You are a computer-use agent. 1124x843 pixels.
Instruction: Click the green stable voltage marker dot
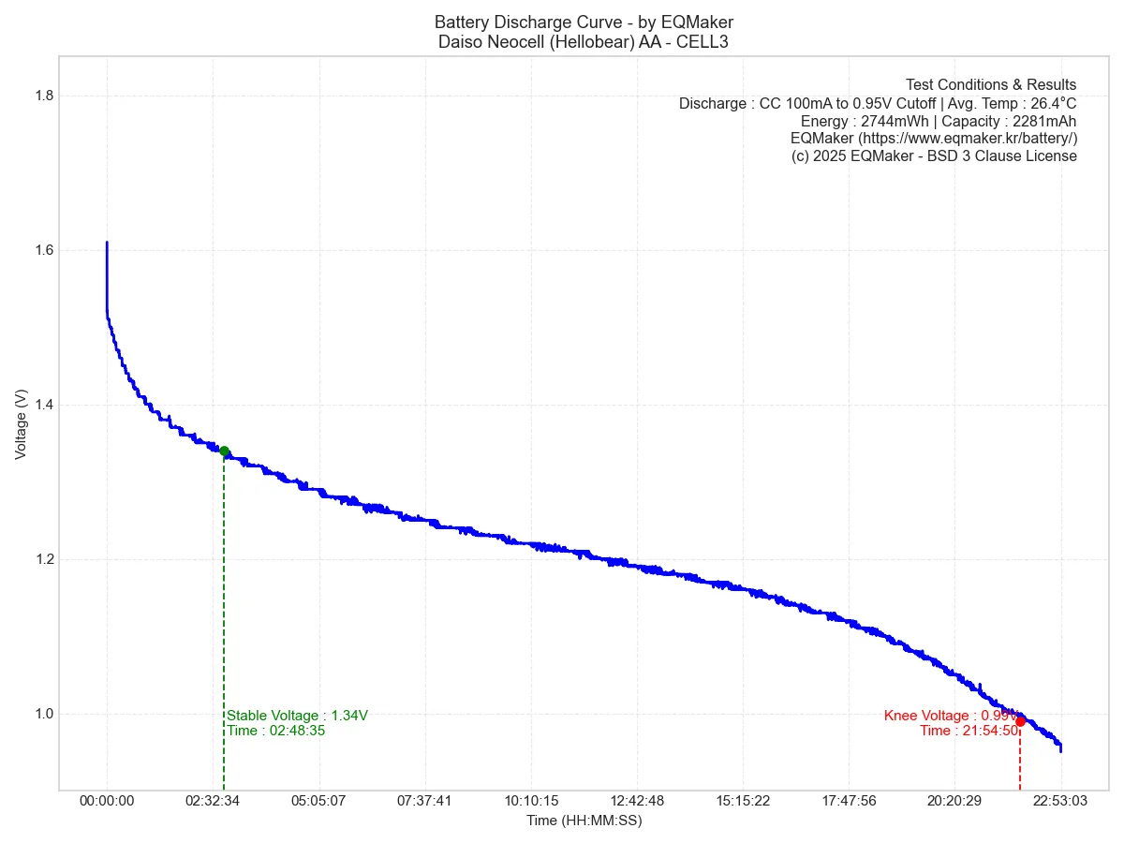coord(224,451)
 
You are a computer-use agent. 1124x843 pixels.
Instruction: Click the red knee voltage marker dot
coord(1020,721)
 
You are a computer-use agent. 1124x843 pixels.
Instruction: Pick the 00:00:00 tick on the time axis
coord(107,801)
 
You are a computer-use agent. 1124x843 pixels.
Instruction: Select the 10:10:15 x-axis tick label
coord(531,801)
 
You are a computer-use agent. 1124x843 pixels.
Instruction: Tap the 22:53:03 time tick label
coord(1061,801)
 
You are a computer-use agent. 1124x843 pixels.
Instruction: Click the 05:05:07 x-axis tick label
coord(319,801)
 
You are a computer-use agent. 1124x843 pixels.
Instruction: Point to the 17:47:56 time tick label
coord(849,801)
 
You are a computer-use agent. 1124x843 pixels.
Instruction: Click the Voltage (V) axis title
coord(21,424)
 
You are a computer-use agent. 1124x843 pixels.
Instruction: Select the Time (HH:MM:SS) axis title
coord(584,821)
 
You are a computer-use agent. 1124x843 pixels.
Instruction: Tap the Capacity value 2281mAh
coord(1044,121)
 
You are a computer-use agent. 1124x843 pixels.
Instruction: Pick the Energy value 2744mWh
coord(887,121)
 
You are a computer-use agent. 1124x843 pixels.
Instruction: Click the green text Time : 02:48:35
coord(276,731)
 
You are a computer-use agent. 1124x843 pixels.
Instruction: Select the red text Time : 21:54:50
coord(969,731)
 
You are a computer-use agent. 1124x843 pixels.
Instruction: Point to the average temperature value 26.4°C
coord(1054,103)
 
